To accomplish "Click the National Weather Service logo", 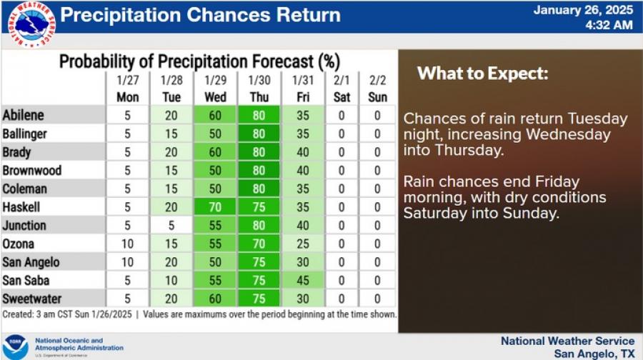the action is coord(31,24).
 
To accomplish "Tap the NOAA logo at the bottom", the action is coord(16,347).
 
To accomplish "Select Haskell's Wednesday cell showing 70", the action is coord(215,207).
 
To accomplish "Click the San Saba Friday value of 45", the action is coord(303,281).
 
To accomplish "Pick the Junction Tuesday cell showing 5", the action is coord(171,226).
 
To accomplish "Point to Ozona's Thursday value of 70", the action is coord(259,244).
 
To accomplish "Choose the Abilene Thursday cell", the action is coord(259,115).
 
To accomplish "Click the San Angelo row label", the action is coord(31,262).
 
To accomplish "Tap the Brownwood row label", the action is coord(32,170).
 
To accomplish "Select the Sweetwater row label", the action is coord(31,299).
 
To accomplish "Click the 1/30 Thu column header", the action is coord(259,89).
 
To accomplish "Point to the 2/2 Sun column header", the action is coord(377,89).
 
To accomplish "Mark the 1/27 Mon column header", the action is coord(128,89).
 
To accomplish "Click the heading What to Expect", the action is coord(483,74).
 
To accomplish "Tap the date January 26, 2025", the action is coord(583,10).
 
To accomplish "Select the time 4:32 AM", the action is coord(609,25).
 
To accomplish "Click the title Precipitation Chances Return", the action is coord(201,15).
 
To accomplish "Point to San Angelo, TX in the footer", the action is coord(594,353).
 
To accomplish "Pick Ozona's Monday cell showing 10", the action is coord(128,244).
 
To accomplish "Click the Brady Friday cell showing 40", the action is coord(303,152).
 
